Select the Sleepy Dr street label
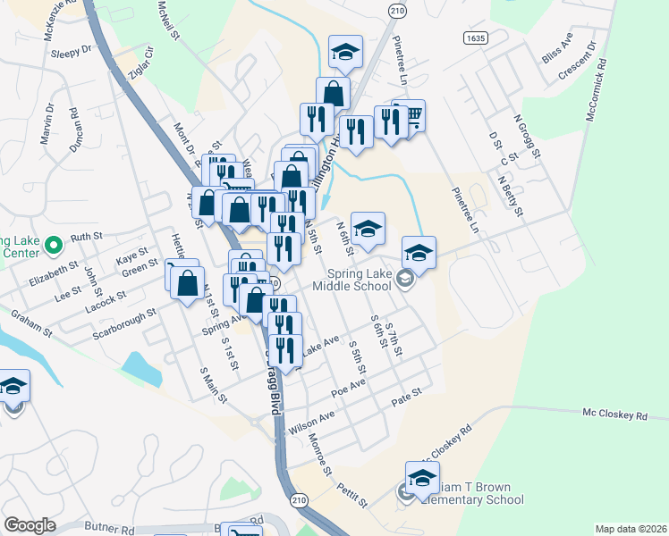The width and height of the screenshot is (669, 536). pyautogui.click(x=72, y=52)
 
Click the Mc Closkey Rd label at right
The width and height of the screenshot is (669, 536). pyautogui.click(x=614, y=415)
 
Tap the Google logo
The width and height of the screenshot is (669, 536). pyautogui.click(x=30, y=525)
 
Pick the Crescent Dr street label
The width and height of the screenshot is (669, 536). pyautogui.click(x=576, y=61)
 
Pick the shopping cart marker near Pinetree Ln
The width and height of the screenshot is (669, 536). pyautogui.click(x=412, y=115)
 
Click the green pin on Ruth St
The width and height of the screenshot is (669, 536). pyautogui.click(x=53, y=243)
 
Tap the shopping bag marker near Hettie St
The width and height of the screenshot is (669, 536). pyautogui.click(x=187, y=283)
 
